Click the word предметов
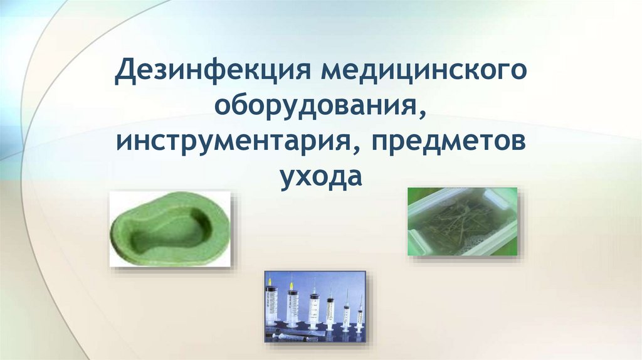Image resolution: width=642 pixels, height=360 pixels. [x=448, y=143]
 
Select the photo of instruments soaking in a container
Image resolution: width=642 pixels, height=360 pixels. [x=462, y=221]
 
